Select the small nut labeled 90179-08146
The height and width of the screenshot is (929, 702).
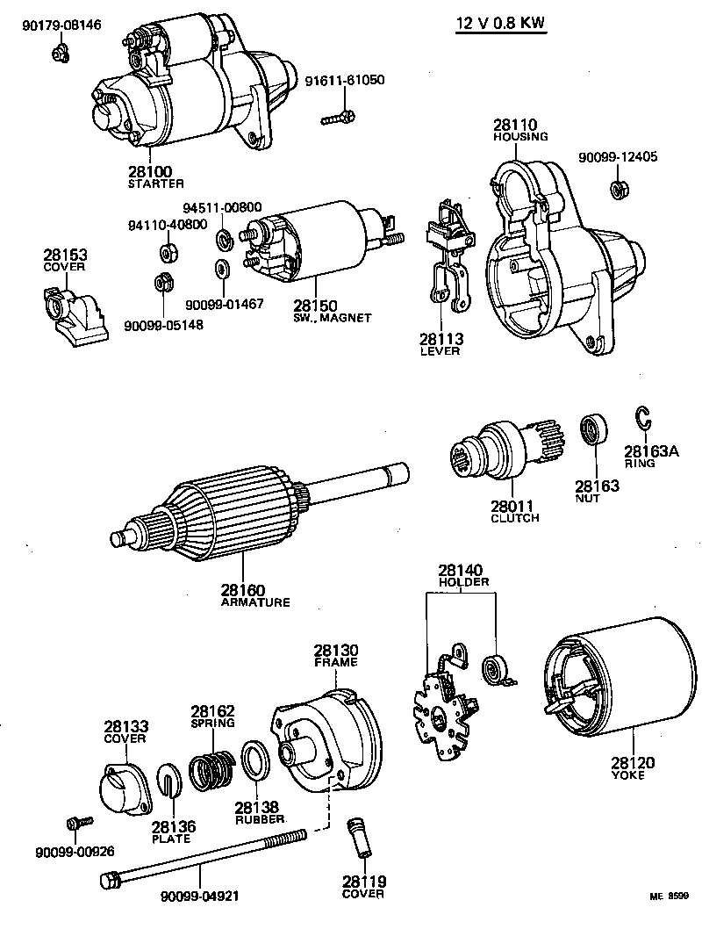click(x=57, y=54)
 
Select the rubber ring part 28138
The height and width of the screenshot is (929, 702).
click(x=255, y=760)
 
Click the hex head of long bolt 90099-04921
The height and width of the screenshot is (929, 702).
click(x=110, y=879)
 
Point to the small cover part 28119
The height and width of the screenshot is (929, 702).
click(x=361, y=840)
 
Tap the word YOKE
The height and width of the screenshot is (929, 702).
click(x=628, y=775)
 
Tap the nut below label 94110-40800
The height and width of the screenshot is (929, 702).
click(x=164, y=253)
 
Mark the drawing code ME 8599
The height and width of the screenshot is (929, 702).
click(x=670, y=897)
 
